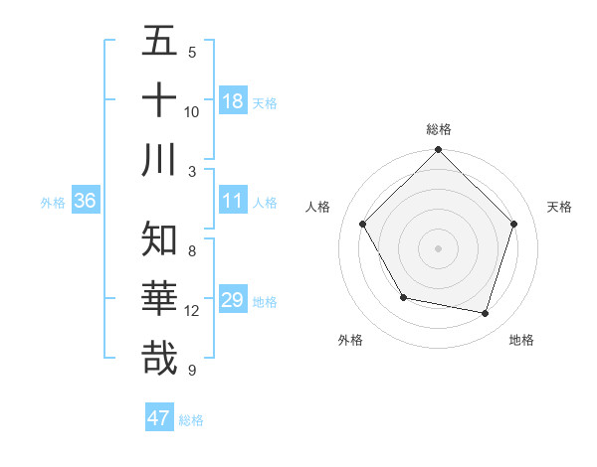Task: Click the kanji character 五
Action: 159,42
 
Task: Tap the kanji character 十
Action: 159,100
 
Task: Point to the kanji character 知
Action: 159,239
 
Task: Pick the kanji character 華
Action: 159,299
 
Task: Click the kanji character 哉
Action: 159,358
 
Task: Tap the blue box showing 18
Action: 233,101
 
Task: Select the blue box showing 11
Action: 233,201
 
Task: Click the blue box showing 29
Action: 233,300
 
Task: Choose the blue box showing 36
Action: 86,201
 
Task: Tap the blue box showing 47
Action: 159,418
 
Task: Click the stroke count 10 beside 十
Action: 192,112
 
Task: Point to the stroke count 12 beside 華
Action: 192,311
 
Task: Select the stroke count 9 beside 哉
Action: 191,371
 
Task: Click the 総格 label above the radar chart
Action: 438,129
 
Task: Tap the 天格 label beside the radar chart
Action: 559,207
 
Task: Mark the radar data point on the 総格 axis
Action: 438,151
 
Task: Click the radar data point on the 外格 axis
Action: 403,297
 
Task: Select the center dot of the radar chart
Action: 438,248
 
